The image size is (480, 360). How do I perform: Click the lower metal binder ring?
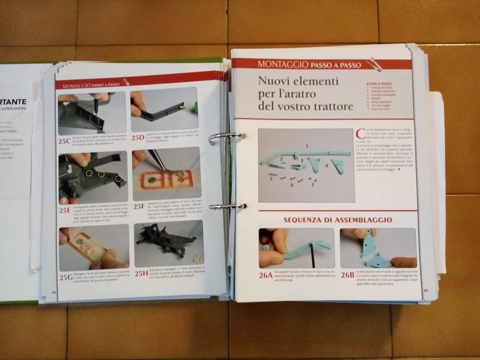227,206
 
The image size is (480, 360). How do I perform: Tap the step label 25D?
138,137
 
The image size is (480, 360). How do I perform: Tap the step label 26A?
267,274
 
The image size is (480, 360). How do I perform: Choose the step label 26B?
347,274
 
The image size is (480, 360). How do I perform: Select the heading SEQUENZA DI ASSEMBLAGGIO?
337,219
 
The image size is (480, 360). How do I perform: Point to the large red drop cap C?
360,134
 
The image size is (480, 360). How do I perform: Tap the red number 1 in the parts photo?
307,145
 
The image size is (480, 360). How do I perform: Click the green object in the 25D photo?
195,106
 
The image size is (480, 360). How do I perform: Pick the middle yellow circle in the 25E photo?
101,174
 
